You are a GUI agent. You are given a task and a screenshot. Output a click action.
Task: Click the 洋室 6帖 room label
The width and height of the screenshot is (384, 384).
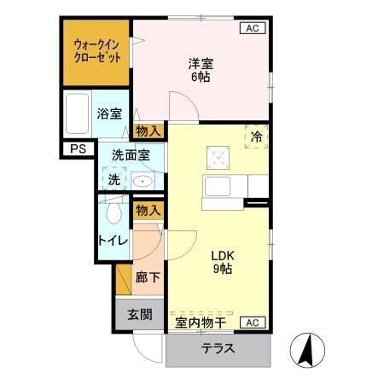point(201,69)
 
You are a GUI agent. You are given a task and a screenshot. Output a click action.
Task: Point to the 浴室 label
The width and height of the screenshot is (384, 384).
point(109,114)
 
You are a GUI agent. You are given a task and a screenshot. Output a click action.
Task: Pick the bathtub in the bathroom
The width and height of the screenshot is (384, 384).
point(78,114)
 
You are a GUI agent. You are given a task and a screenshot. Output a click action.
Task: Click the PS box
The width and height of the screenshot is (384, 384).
point(78,149)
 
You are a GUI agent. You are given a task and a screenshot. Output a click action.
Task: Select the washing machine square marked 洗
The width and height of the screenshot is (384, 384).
point(114,179)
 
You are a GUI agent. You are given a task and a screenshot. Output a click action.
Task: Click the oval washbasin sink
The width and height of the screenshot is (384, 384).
point(143,181)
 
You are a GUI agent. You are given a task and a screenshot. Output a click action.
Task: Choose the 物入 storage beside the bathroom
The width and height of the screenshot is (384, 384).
point(148,131)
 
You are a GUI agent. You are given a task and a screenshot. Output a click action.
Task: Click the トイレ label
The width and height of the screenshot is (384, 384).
point(113,241)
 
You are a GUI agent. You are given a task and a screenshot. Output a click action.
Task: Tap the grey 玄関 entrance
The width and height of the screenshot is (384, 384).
point(140,313)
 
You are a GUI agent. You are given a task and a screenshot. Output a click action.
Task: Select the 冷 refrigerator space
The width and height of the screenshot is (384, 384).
point(256,137)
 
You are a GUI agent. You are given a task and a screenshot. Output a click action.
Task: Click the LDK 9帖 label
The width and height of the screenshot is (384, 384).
point(222,262)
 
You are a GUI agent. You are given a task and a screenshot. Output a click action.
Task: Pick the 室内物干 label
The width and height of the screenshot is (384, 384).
point(201,323)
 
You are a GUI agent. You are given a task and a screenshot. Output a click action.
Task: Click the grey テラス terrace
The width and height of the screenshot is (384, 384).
point(218,350)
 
